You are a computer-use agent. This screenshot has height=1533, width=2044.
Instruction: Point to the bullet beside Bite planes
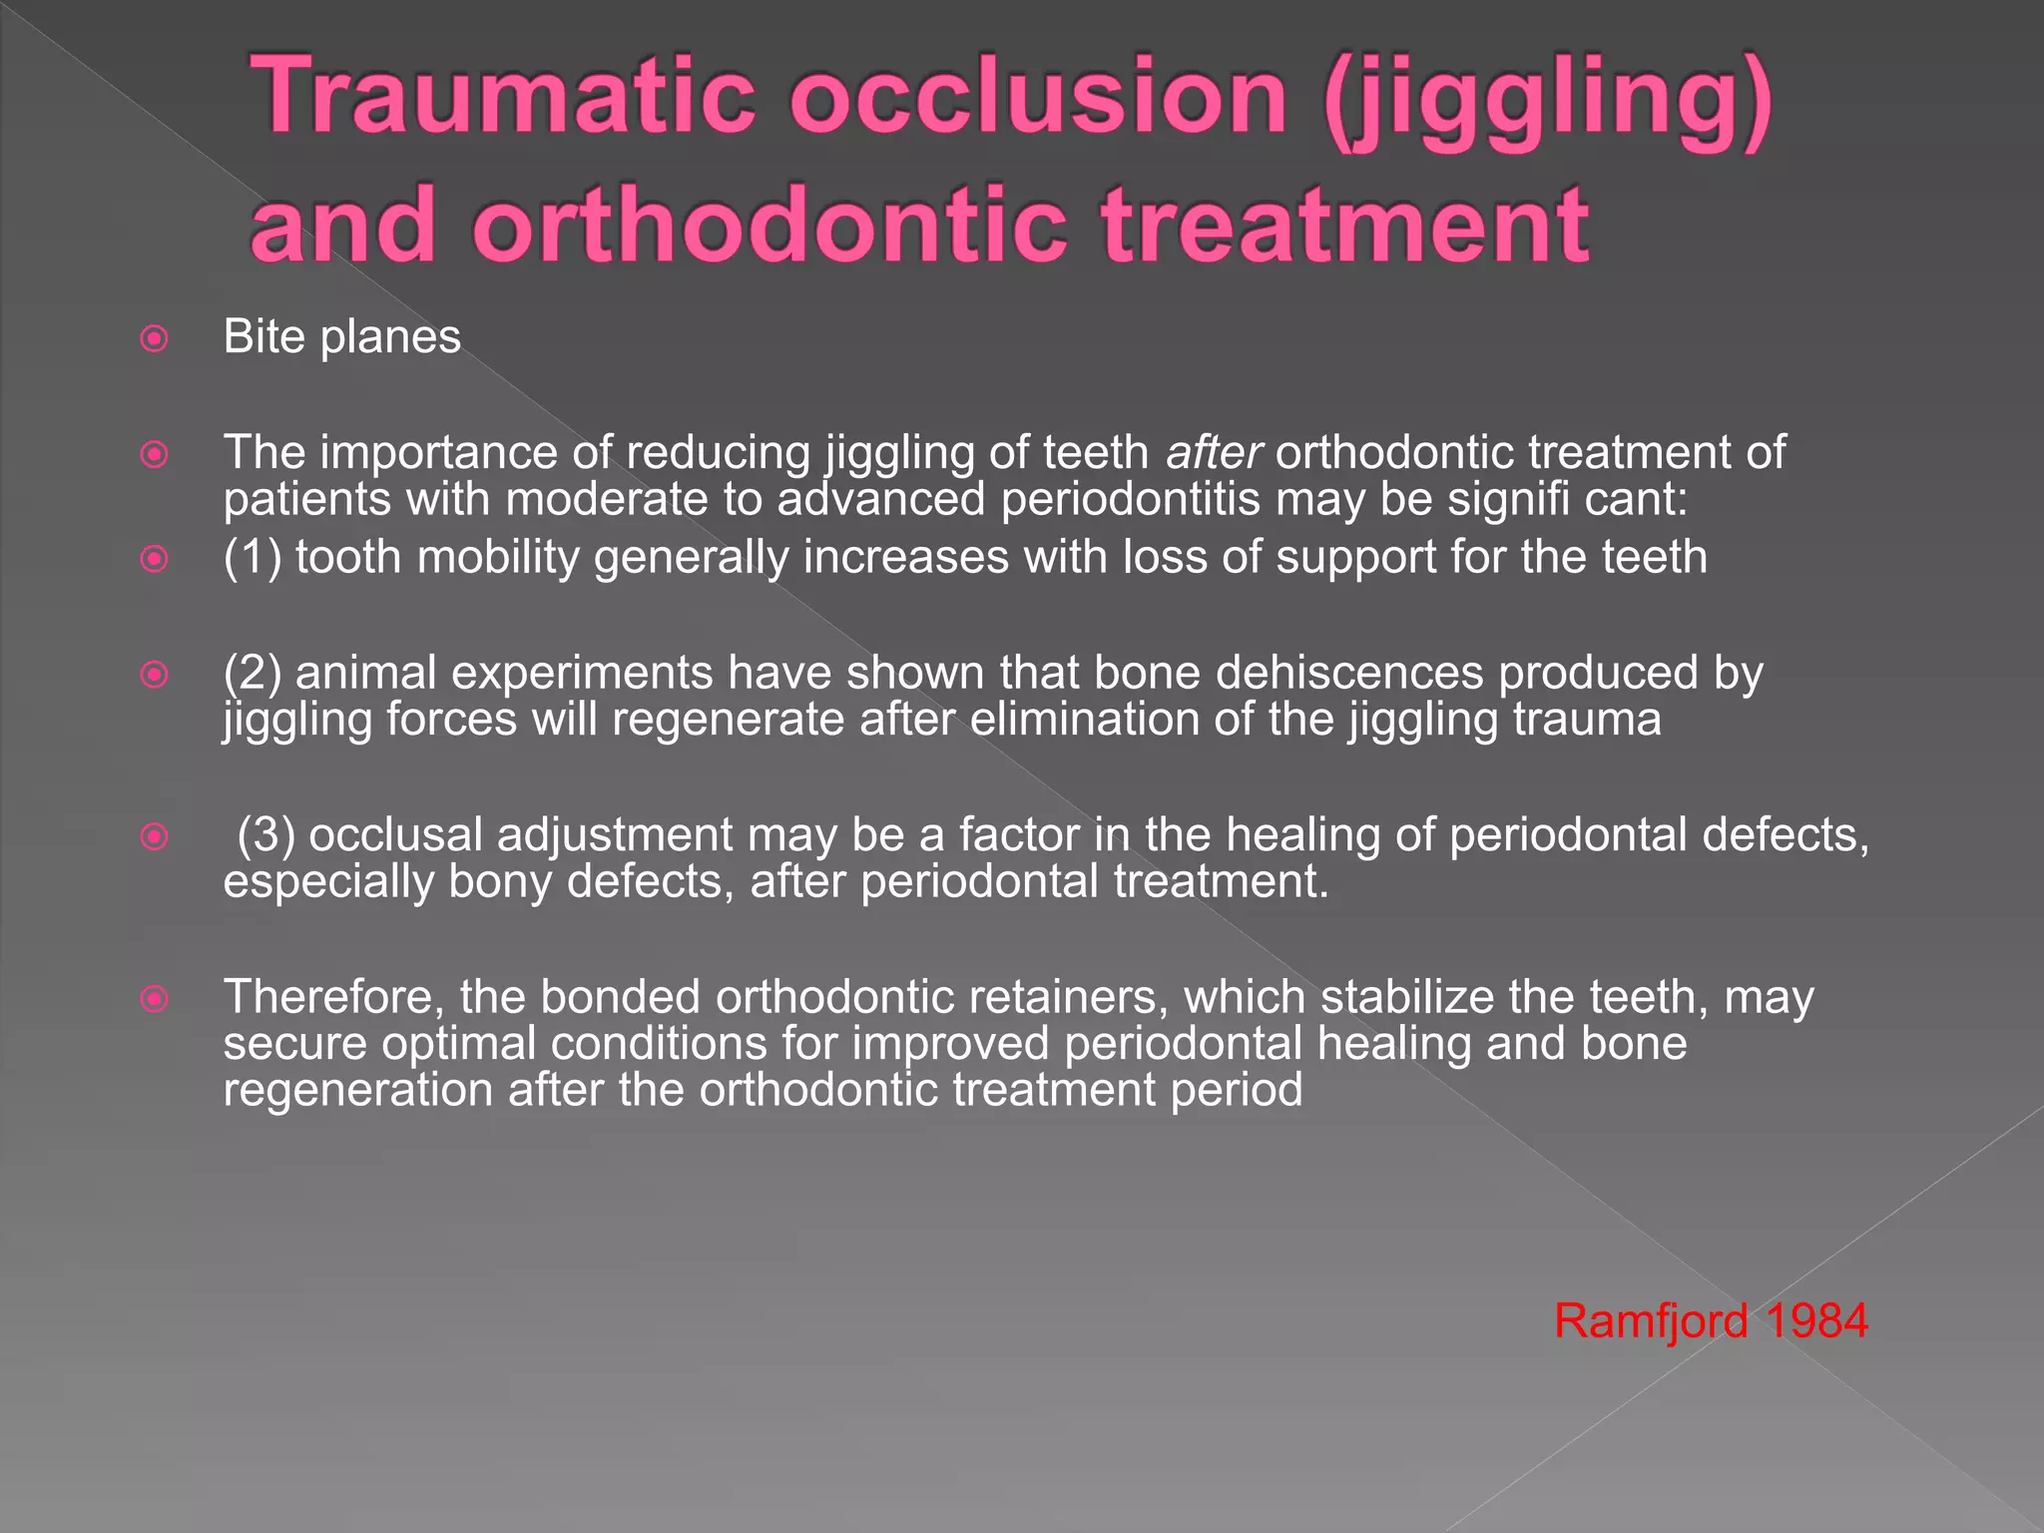(x=154, y=339)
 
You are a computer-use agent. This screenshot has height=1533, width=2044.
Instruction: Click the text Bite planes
(x=341, y=337)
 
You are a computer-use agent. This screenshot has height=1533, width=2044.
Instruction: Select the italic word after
(x=1214, y=453)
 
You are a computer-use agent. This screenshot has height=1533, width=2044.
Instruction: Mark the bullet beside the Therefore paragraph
(x=154, y=998)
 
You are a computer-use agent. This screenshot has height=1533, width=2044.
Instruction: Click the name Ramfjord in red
(x=1650, y=1321)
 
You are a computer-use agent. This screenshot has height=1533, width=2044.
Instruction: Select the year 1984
(x=1815, y=1321)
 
